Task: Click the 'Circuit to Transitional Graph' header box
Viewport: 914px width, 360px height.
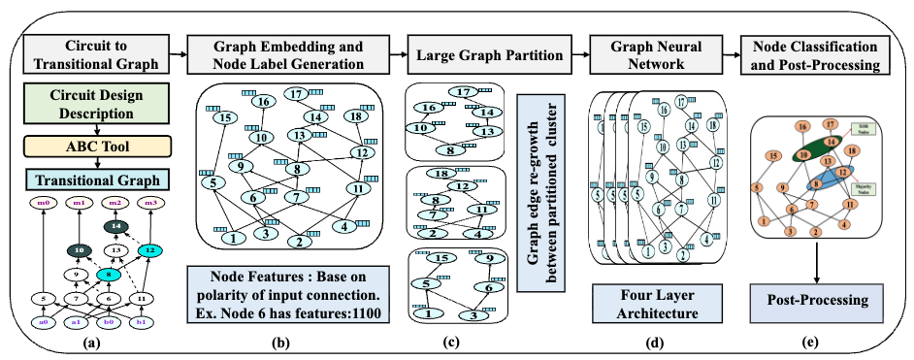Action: tap(92, 53)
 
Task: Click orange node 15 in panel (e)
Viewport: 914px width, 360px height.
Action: tap(772, 155)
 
